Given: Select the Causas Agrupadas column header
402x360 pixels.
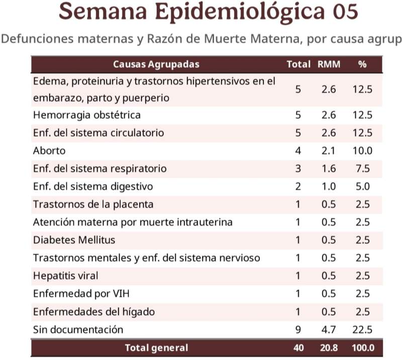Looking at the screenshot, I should click(x=156, y=64).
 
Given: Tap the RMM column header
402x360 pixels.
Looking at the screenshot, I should click(x=329, y=64).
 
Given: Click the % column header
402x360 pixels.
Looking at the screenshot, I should click(x=362, y=64).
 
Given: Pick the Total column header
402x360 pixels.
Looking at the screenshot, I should click(x=298, y=64).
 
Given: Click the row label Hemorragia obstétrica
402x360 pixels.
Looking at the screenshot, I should click(x=87, y=115).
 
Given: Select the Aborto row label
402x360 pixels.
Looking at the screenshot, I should click(x=49, y=151).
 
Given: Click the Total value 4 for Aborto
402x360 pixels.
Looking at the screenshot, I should click(x=298, y=151).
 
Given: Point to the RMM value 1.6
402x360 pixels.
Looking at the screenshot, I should click(x=329, y=168).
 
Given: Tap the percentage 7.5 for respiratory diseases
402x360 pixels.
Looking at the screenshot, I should click(x=362, y=168).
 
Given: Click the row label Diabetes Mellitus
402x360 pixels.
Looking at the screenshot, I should click(x=74, y=240).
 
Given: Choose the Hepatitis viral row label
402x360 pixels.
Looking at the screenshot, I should click(x=65, y=276).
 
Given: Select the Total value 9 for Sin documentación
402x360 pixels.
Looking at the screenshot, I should click(x=298, y=330).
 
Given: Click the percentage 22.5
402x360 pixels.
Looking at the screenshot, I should click(x=362, y=330).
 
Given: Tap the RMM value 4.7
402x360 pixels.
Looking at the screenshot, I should click(x=329, y=330).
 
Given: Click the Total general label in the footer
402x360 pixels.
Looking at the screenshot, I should click(x=156, y=348).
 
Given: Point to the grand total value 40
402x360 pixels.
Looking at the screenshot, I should click(x=298, y=348).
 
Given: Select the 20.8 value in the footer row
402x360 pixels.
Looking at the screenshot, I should click(x=329, y=348).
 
